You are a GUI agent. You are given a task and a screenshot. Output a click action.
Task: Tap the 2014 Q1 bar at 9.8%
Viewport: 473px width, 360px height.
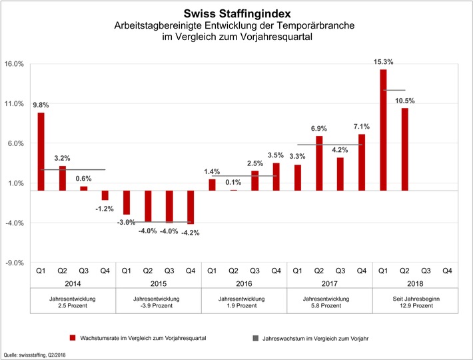41,151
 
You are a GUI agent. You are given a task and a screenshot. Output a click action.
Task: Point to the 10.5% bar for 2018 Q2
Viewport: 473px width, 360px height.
404,149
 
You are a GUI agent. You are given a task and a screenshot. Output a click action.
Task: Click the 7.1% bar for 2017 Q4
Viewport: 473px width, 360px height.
362,162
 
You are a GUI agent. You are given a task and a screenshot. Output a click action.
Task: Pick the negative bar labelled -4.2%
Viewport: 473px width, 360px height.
191,207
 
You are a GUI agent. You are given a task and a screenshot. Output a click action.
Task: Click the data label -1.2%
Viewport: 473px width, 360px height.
105,208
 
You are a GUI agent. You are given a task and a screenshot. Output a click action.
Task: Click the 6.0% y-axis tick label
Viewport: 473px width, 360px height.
15,143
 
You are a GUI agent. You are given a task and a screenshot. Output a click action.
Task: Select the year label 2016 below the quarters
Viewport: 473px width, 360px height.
244,283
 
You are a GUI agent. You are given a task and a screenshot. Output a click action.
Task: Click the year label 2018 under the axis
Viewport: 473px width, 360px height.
415,283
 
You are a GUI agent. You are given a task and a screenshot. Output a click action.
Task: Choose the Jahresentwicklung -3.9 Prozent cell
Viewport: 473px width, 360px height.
159,302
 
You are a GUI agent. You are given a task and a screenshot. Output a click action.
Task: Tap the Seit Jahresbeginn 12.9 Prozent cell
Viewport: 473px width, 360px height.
415,302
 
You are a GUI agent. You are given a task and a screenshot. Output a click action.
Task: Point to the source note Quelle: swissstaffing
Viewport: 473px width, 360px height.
38,355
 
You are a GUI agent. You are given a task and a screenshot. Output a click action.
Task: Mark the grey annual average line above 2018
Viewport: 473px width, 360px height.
394,90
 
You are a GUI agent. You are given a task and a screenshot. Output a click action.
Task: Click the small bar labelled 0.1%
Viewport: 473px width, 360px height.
233,190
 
